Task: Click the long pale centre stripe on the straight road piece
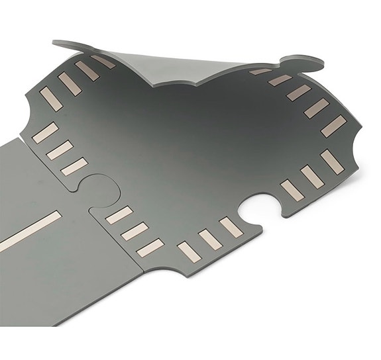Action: point(30,231)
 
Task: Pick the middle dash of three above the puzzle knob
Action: point(59,150)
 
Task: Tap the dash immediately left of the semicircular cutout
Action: point(231,227)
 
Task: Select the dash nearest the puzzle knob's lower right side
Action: point(119,216)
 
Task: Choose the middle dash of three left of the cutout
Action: point(211,239)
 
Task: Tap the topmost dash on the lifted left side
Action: point(103,61)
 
